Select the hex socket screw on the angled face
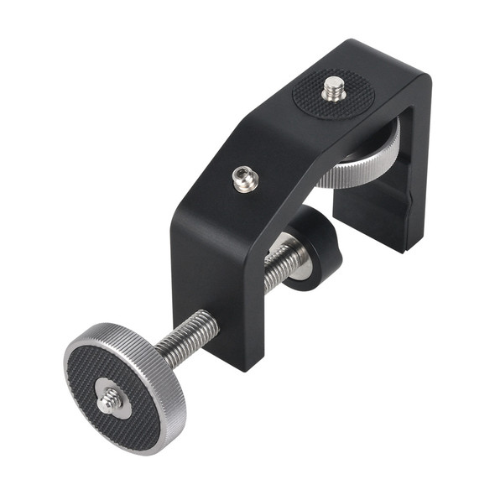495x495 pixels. (245, 179)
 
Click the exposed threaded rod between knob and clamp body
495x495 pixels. (190, 339)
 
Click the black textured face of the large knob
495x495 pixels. (92, 378)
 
